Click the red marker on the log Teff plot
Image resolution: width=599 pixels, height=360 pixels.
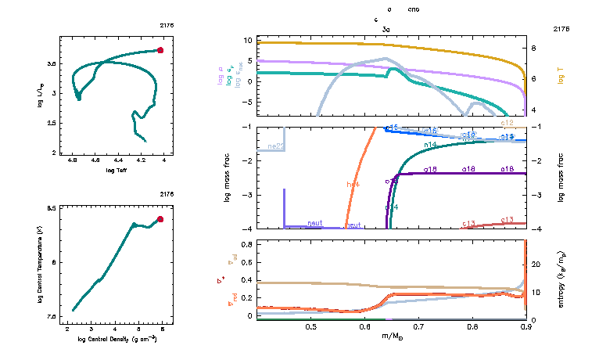(160, 50)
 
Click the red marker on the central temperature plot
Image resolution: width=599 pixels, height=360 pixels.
(160, 219)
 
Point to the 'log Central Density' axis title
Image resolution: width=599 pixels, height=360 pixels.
(117, 340)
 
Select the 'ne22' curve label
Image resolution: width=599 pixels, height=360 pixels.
(275, 146)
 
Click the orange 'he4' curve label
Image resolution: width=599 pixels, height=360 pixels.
(353, 184)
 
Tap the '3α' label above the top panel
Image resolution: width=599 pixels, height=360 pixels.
(386, 29)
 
